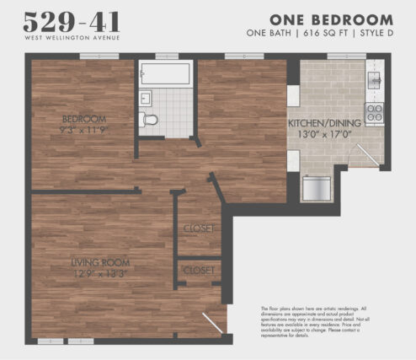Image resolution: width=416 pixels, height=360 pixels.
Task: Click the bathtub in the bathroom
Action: click(167, 73)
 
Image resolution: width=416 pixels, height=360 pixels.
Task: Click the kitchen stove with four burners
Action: click(374, 112)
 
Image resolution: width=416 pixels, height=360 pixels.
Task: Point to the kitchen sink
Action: click(374, 79)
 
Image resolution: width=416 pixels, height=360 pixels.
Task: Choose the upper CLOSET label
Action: click(199, 228)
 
